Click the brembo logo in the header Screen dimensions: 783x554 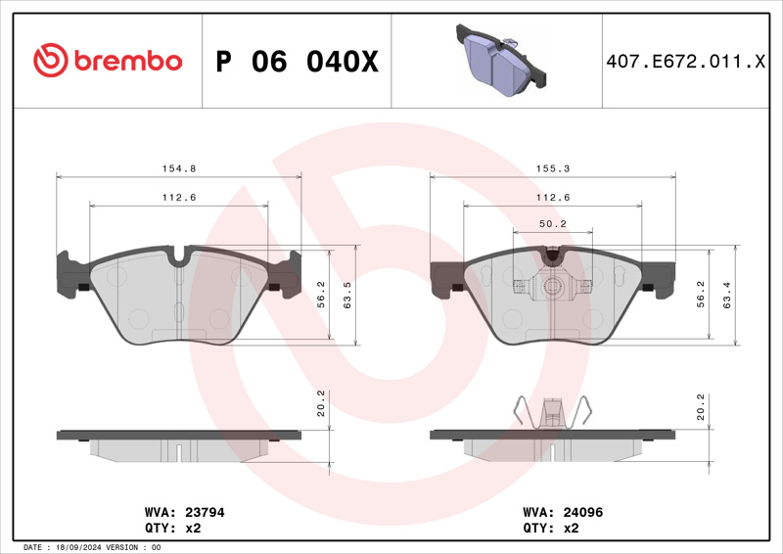(108, 61)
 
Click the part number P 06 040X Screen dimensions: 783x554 (298, 62)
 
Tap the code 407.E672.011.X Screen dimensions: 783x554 (686, 62)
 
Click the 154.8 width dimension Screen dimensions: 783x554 (179, 168)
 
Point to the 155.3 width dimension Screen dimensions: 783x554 (553, 168)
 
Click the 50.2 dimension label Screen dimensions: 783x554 (553, 224)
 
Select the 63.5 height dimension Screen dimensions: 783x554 (347, 295)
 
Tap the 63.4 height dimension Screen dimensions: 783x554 (727, 295)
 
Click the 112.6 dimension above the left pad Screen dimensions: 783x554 (179, 198)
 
